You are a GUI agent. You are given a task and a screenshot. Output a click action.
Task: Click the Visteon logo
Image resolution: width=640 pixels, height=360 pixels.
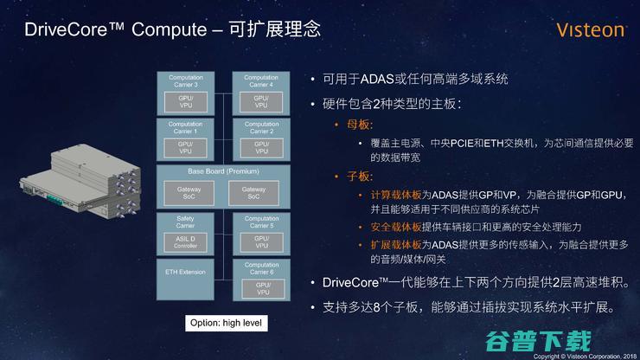[x=591, y=30]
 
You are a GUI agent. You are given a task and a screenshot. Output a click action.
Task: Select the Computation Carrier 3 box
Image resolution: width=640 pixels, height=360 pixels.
[x=185, y=93]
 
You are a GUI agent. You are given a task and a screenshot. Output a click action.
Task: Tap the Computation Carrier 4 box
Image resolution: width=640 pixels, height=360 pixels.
[x=261, y=93]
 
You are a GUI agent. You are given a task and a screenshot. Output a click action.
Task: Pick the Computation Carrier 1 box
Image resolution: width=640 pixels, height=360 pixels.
[x=185, y=139]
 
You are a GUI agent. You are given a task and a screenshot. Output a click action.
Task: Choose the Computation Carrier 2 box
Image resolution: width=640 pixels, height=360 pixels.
[x=261, y=139]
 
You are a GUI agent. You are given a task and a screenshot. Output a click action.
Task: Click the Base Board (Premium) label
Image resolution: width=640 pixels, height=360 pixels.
[x=223, y=171]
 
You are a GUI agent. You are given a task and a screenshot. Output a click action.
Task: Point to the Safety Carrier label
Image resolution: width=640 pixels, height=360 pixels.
[x=185, y=222]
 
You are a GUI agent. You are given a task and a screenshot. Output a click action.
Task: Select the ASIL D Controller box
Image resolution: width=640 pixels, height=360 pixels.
[x=185, y=241]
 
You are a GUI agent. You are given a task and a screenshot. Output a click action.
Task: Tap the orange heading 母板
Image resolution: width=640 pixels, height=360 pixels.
[x=357, y=125]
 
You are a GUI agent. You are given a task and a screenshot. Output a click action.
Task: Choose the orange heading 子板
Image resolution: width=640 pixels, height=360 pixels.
[x=357, y=177]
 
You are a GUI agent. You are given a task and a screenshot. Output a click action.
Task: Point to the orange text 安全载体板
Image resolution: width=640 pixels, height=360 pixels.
[x=395, y=228]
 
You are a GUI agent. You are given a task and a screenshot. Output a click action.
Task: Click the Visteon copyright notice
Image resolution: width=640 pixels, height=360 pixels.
[x=585, y=355]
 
